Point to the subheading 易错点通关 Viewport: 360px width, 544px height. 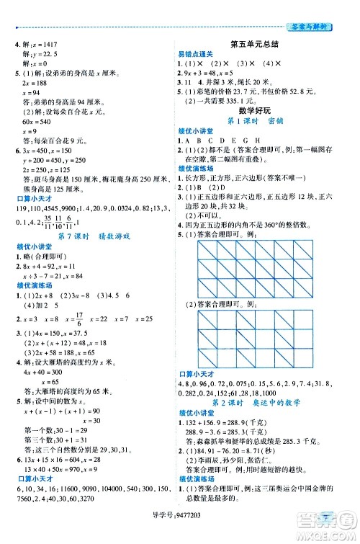point(194,53)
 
